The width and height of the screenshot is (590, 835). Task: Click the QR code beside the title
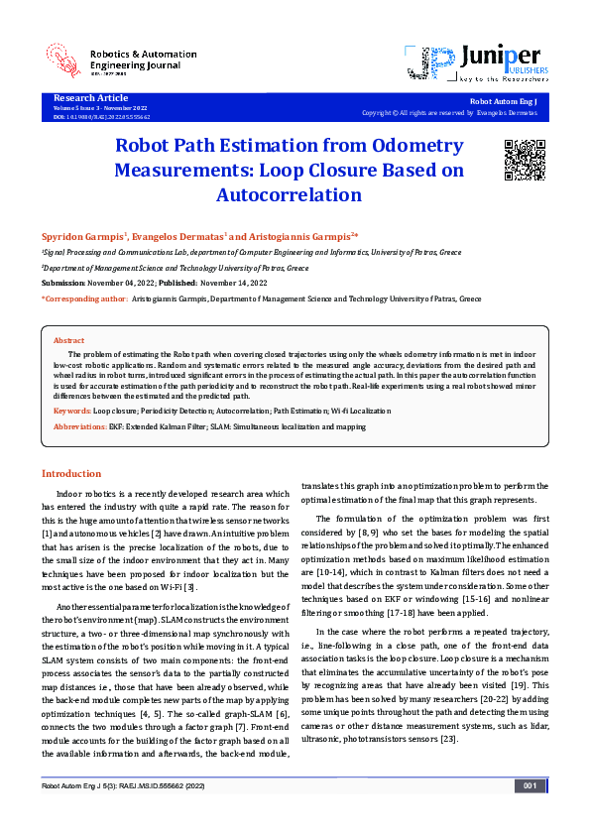(522, 158)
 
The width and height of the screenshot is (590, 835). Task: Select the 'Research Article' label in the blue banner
(90, 98)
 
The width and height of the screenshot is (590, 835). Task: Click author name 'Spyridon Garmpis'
(80, 236)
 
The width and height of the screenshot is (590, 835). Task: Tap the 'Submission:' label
(63, 283)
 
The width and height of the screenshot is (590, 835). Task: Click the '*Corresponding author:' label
(84, 298)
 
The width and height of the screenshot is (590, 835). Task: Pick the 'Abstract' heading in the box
(68, 340)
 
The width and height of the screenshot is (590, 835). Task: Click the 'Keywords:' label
(72, 410)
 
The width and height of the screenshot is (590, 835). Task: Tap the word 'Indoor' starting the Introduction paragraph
(70, 494)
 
